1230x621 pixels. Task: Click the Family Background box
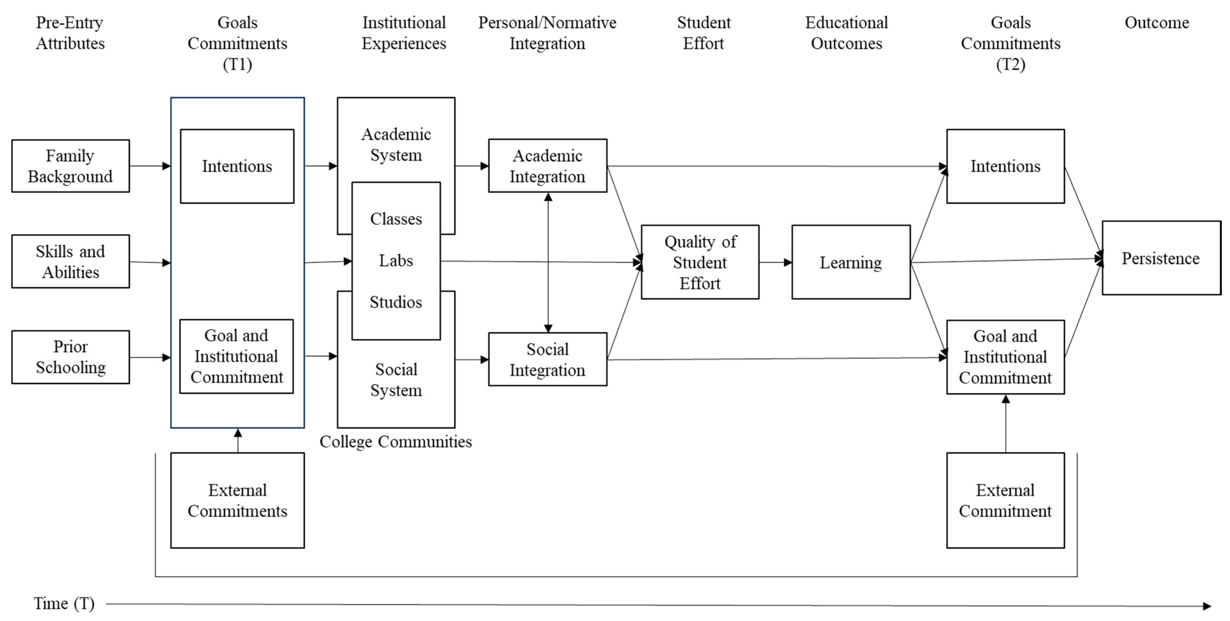tap(70, 166)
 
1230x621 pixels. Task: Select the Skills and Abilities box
tap(70, 262)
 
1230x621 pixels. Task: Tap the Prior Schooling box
tap(70, 357)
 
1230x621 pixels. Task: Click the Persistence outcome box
tap(1161, 258)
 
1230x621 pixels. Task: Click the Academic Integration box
tap(547, 166)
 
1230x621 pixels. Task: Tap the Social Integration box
tap(547, 359)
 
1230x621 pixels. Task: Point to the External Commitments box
tap(237, 500)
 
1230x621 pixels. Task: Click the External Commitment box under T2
tap(1005, 500)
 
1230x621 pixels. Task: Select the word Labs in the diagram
tap(396, 261)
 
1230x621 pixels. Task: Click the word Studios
tap(396, 302)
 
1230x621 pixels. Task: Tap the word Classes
tap(396, 219)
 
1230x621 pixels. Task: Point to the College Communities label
tap(395, 442)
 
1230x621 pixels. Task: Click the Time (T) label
tap(64, 603)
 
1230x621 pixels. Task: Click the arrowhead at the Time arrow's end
tap(1207, 606)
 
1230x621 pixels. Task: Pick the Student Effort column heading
tap(703, 33)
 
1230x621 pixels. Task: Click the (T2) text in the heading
tap(1010, 64)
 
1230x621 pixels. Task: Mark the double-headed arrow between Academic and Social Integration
tap(548, 263)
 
